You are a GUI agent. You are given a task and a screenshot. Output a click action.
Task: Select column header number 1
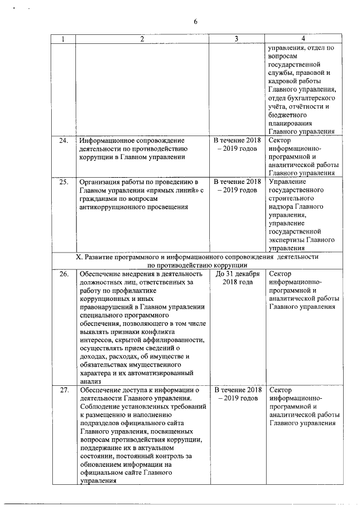pyautogui.click(x=63, y=39)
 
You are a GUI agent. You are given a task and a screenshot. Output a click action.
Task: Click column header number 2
pyautogui.click(x=142, y=39)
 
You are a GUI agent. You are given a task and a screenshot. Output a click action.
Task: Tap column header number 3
pyautogui.click(x=237, y=39)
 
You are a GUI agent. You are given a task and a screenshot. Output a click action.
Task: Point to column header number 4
pyautogui.click(x=303, y=39)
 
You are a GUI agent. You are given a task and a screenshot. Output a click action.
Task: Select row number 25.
pyautogui.click(x=64, y=182)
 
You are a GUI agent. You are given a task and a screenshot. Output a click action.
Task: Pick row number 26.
pyautogui.click(x=64, y=274)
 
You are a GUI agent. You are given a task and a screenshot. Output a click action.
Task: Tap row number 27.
pyautogui.click(x=64, y=390)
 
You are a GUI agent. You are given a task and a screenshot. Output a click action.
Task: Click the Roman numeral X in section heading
pyautogui.click(x=79, y=256)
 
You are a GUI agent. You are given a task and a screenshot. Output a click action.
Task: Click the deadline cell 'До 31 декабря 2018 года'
pyautogui.click(x=237, y=278)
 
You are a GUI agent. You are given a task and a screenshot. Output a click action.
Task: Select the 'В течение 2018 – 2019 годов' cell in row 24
pyautogui.click(x=237, y=143)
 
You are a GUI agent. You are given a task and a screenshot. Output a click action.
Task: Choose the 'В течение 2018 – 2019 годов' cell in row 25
pyautogui.click(x=237, y=186)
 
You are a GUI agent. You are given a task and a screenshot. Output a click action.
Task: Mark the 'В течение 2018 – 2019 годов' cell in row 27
pyautogui.click(x=237, y=394)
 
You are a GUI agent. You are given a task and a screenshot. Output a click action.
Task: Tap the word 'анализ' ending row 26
pyautogui.click(x=91, y=381)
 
